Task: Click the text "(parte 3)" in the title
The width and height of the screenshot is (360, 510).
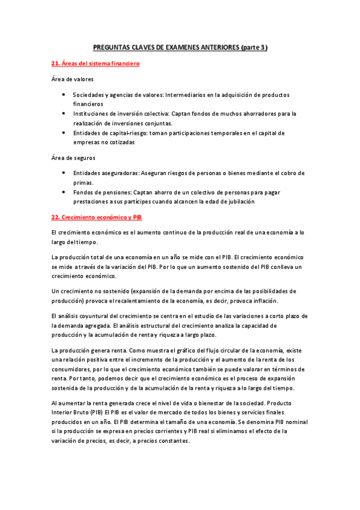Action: (253, 47)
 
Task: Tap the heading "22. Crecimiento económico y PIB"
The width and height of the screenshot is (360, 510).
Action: (96, 217)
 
